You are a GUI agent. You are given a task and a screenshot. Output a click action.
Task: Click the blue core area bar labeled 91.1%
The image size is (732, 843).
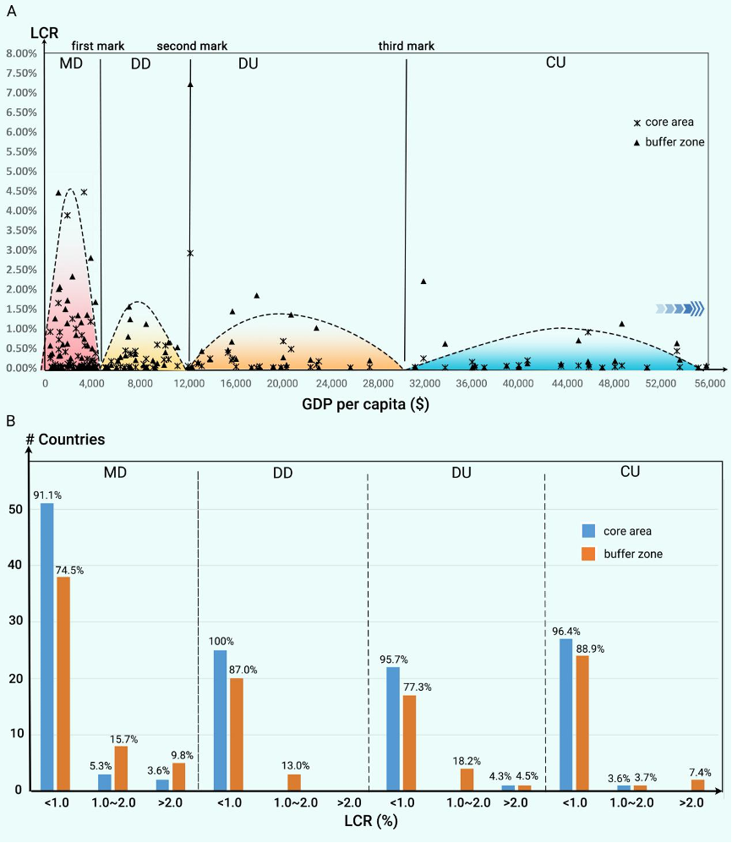click(x=46, y=647)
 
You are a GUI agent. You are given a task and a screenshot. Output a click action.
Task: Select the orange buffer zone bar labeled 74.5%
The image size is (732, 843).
click(x=62, y=683)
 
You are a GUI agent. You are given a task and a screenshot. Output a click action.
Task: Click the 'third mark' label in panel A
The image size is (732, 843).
click(x=406, y=47)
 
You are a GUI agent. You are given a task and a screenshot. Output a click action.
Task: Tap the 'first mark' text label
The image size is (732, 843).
click(x=97, y=47)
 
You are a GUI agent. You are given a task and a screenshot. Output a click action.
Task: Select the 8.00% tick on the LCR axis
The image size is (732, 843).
click(x=21, y=53)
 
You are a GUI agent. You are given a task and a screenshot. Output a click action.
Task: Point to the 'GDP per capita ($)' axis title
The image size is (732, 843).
click(x=364, y=403)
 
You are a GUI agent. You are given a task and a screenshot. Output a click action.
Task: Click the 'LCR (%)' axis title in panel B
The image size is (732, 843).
click(x=371, y=820)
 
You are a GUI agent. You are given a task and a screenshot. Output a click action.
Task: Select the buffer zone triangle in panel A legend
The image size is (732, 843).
click(x=636, y=142)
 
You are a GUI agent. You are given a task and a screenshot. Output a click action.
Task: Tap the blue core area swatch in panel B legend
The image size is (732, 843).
click(x=589, y=531)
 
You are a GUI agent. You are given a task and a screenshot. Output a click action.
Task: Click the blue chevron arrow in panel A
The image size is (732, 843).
click(x=680, y=309)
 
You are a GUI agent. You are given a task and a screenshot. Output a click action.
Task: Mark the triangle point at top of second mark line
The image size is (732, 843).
click(x=190, y=85)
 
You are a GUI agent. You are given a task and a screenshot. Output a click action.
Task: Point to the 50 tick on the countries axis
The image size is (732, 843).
click(x=17, y=509)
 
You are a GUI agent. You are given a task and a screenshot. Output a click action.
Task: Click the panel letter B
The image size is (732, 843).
click(x=10, y=420)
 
